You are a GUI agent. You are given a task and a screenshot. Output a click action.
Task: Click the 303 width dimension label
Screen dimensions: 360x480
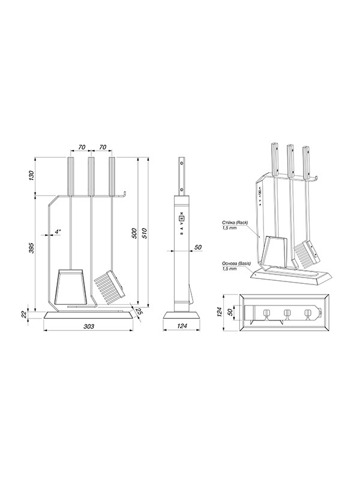click(89, 326)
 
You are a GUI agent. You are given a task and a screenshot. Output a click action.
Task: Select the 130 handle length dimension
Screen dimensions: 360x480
click(31, 175)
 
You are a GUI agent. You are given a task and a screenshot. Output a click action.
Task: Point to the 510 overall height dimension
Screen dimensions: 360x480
click(145, 233)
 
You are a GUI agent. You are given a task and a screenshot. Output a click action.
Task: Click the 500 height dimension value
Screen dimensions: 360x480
click(134, 233)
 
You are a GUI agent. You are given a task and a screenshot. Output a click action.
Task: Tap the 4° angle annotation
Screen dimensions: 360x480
click(58, 232)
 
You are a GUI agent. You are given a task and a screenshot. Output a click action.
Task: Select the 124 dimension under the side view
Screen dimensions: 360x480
click(182, 326)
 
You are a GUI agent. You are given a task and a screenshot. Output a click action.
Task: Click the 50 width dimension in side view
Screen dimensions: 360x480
click(199, 247)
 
